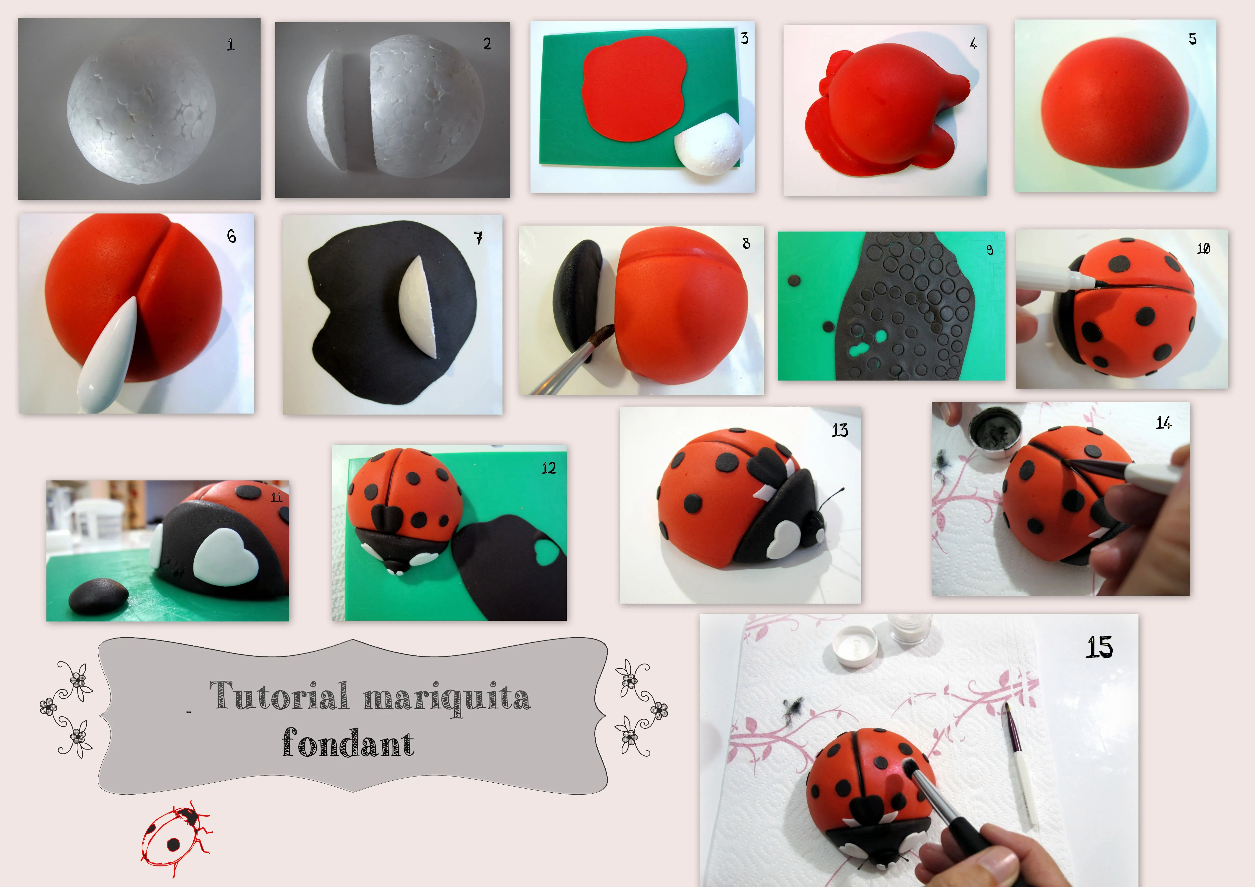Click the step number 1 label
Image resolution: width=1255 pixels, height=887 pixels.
tap(231, 44)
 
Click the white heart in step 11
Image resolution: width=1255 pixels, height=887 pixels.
tap(225, 556)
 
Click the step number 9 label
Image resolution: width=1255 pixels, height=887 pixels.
tap(989, 250)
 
